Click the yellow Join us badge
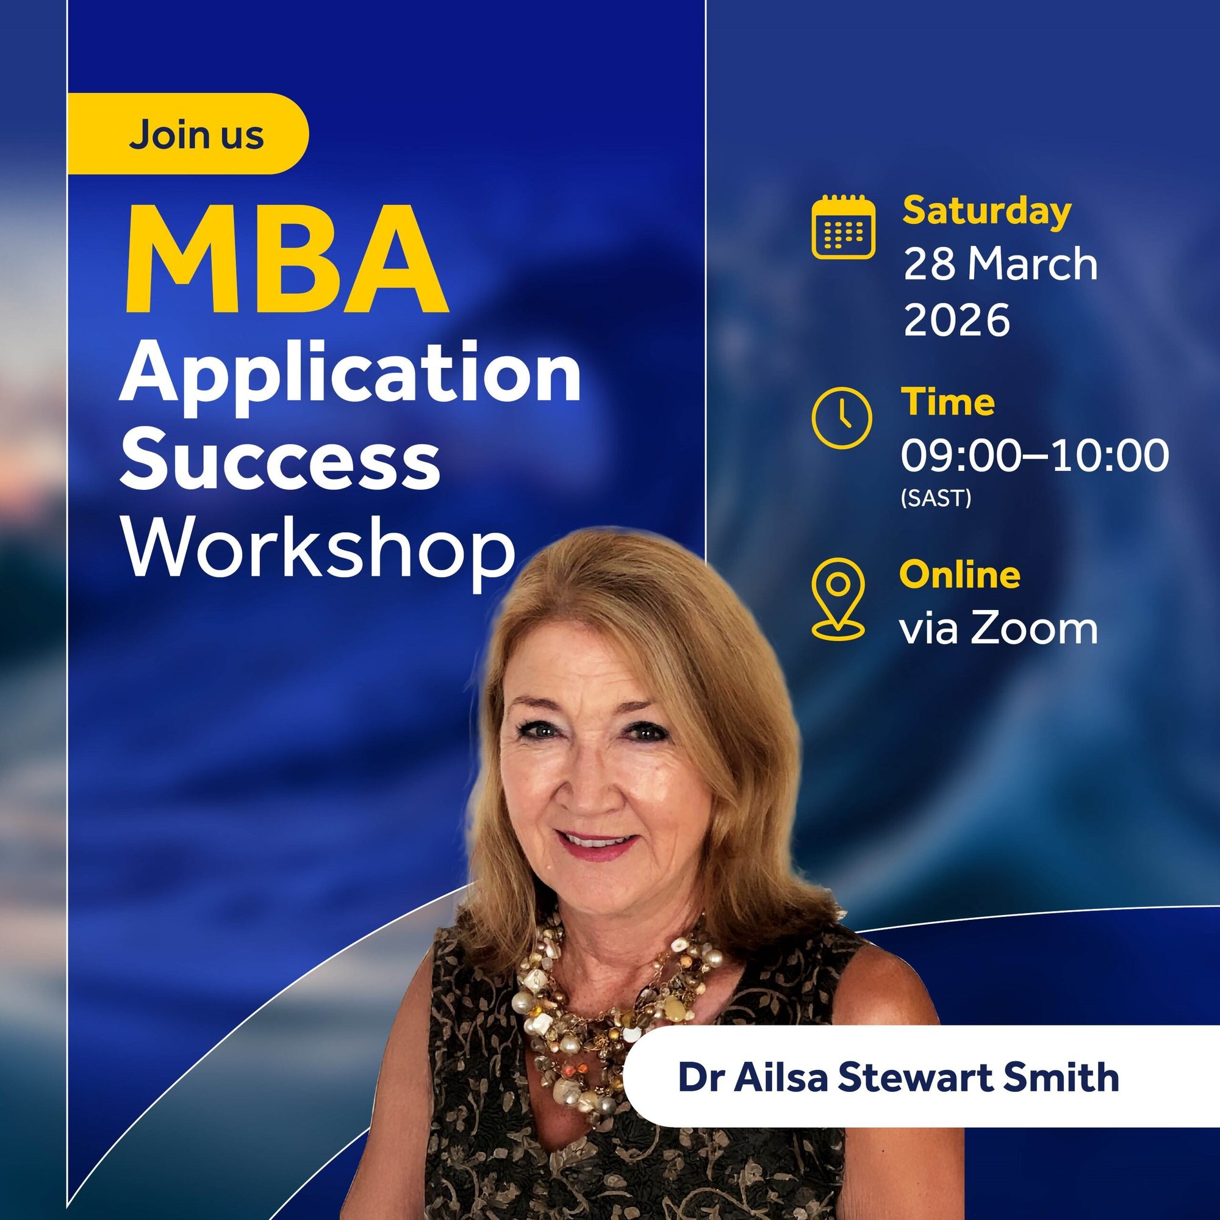tap(190, 134)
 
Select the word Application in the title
tap(351, 377)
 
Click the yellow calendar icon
tap(843, 228)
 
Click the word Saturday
tap(986, 212)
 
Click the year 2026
tap(956, 320)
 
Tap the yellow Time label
tap(947, 403)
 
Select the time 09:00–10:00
tap(1035, 455)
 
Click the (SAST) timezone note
tap(936, 499)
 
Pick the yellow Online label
tap(959, 575)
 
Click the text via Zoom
tap(999, 630)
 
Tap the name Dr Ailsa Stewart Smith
tap(898, 1078)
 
